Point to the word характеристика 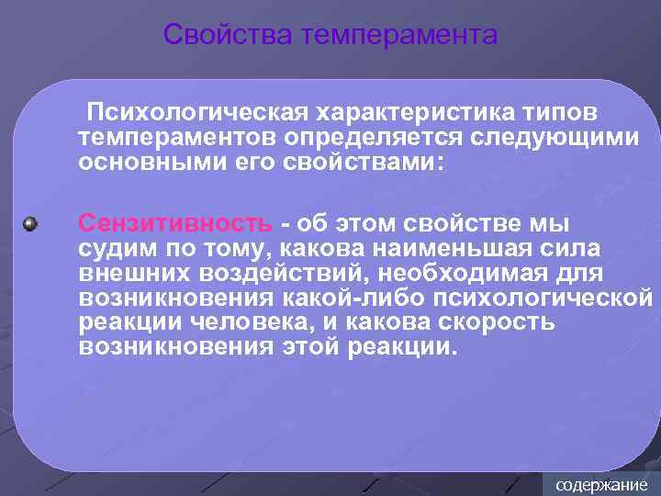click(409, 112)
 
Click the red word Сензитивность click(174, 223)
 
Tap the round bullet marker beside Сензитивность click(31, 223)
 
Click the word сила click(577, 249)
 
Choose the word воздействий click(284, 274)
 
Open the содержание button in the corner click(601, 484)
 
